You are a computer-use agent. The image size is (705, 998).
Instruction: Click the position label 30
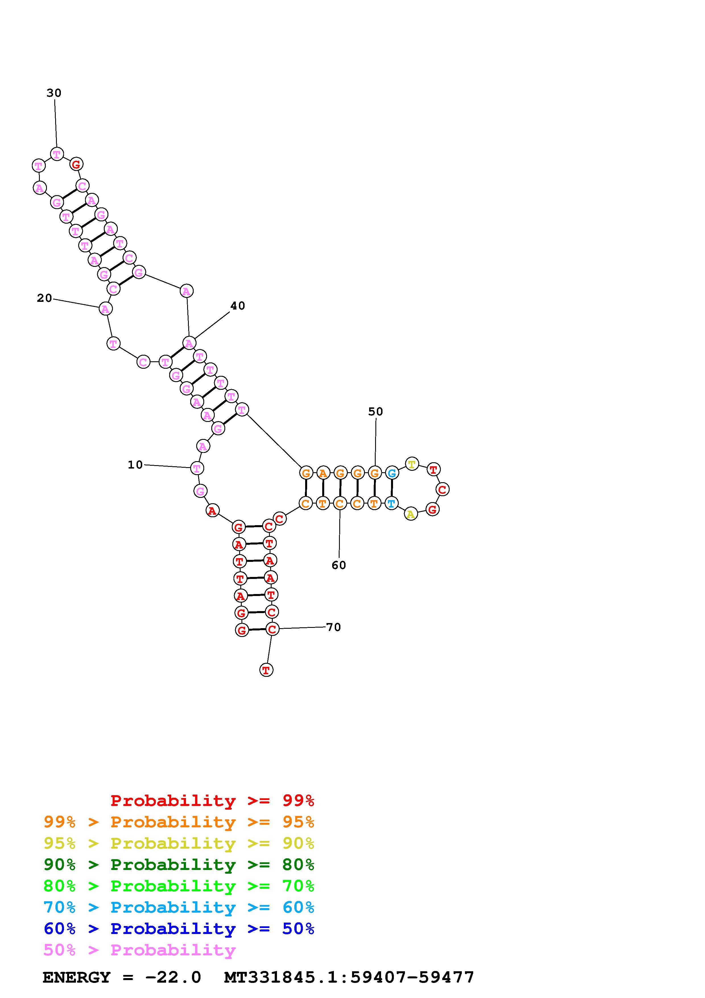(54, 93)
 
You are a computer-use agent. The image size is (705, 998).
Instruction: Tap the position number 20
(44, 298)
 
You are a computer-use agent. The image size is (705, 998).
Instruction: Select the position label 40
(237, 306)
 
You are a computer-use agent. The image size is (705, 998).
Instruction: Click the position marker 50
(376, 412)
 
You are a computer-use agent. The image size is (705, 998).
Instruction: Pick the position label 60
(339, 565)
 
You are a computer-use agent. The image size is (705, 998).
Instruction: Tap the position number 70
(334, 627)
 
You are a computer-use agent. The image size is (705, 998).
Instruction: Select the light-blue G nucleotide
(392, 473)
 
